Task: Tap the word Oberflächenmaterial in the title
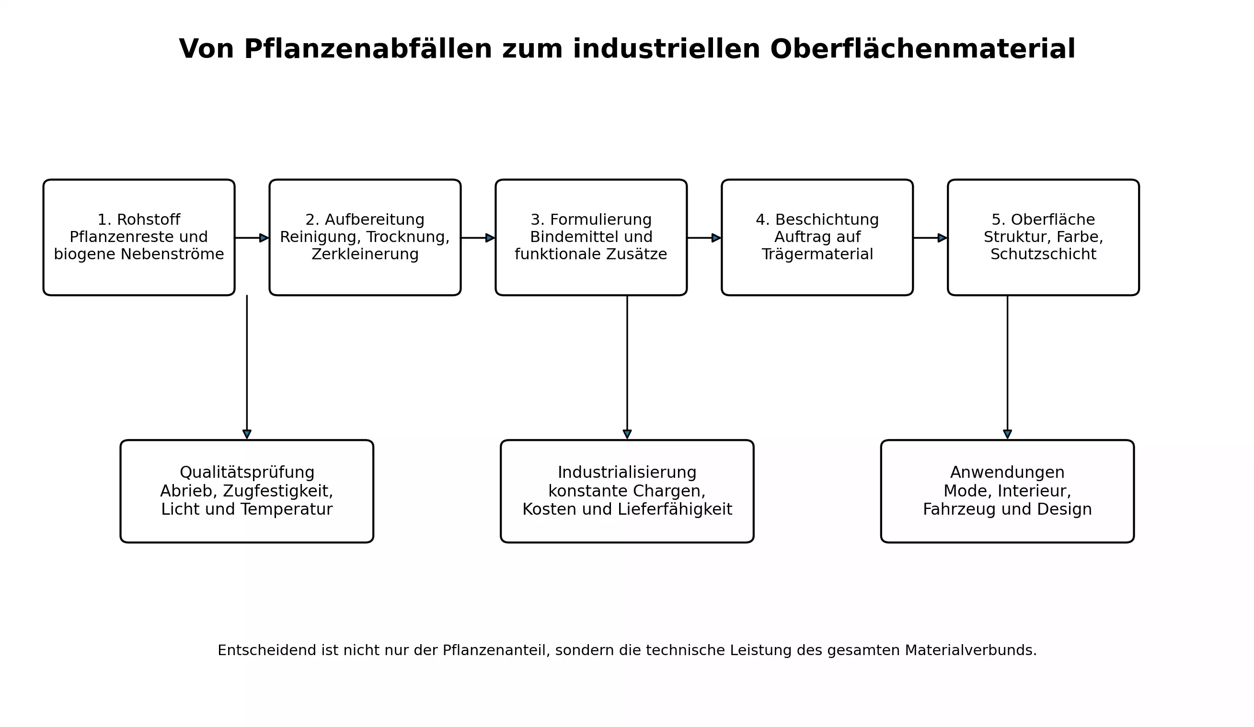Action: [x=922, y=49]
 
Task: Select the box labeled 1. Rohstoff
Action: [x=139, y=237]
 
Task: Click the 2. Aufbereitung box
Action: [x=365, y=237]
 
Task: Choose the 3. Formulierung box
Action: [x=591, y=237]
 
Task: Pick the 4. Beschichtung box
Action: [x=817, y=237]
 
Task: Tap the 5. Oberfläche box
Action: [x=1043, y=237]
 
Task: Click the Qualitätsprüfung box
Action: [x=247, y=491]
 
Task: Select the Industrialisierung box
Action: [x=627, y=491]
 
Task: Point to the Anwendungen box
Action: [x=1007, y=491]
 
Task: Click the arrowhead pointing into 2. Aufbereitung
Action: [x=264, y=238]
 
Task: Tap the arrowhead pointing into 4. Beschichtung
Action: [x=716, y=238]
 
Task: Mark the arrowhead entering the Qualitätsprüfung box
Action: [x=247, y=434]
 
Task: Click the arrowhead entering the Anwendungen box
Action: [x=1007, y=434]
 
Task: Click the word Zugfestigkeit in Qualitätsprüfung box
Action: [x=277, y=491]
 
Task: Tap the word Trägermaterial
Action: [x=817, y=254]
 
